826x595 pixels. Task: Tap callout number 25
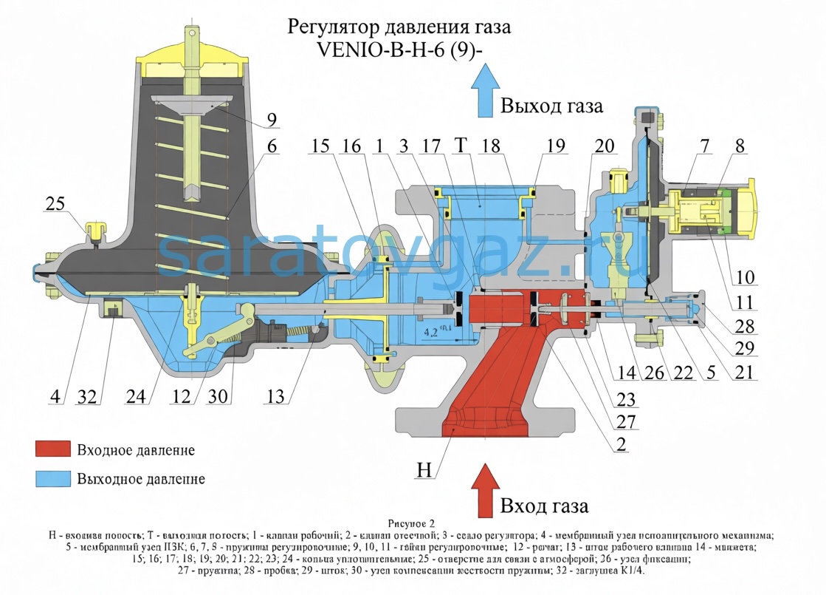pos(55,203)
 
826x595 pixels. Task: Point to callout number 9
pos(272,119)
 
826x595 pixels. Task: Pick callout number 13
pos(275,396)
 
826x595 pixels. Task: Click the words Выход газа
pos(551,106)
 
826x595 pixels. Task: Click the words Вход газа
pos(544,506)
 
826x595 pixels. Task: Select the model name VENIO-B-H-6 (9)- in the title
pos(399,50)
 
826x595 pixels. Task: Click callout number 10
pos(744,278)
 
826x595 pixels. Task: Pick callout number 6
pos(272,146)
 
